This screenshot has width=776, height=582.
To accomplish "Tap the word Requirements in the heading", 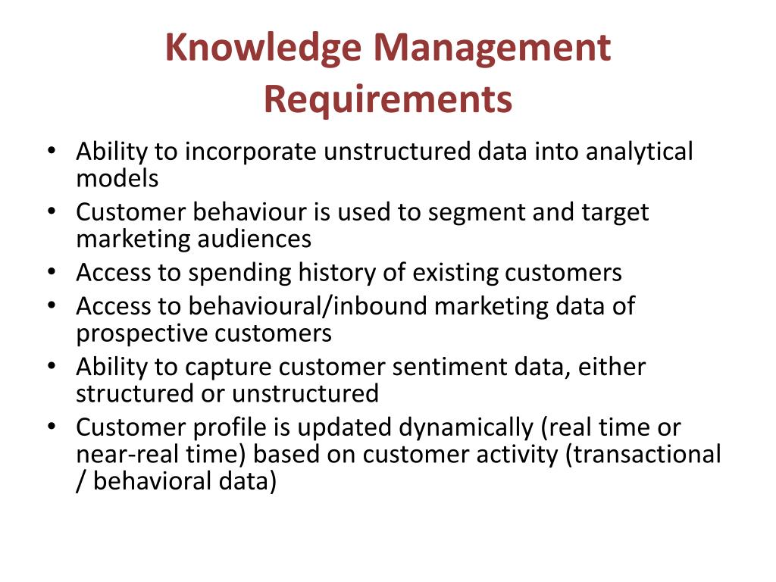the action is click(388, 100).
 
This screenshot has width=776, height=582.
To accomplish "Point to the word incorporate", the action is click(250, 152).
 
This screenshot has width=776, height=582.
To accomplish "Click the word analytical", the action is click(639, 152).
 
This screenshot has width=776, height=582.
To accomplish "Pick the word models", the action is click(117, 178).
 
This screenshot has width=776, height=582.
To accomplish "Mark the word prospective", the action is click(142, 334).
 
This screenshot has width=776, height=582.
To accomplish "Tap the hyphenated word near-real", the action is click(127, 455).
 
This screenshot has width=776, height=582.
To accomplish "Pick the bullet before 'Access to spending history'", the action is click(52, 273).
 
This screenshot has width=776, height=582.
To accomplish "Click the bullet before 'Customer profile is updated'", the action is click(52, 427).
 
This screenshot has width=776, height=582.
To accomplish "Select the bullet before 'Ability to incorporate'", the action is click(52, 151).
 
